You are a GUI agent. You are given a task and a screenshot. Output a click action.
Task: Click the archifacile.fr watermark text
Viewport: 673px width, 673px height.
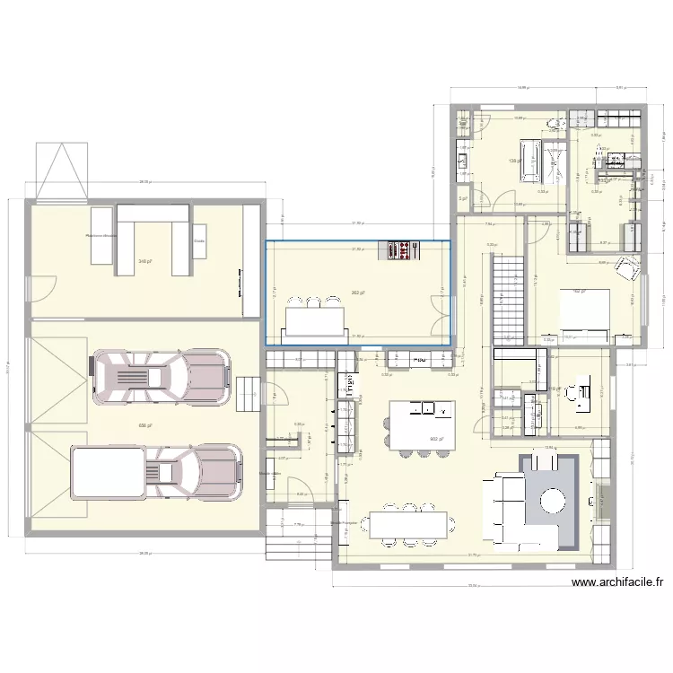[618, 582]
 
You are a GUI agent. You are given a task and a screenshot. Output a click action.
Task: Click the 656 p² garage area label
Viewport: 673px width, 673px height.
[143, 426]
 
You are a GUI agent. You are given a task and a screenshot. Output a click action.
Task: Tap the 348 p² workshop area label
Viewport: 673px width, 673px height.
[143, 262]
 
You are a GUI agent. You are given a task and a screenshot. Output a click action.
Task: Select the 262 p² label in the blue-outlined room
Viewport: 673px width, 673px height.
[357, 293]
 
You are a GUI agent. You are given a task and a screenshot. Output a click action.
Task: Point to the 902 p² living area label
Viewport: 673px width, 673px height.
[435, 439]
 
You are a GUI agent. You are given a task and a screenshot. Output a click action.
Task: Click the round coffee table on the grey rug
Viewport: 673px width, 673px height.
[550, 499]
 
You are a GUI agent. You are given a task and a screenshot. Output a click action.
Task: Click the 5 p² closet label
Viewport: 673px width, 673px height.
[461, 198]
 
